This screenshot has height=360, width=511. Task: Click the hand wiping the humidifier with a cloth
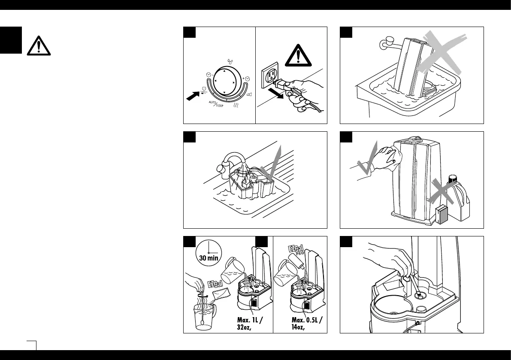[388, 154]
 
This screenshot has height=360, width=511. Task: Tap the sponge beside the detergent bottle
[442, 215]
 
